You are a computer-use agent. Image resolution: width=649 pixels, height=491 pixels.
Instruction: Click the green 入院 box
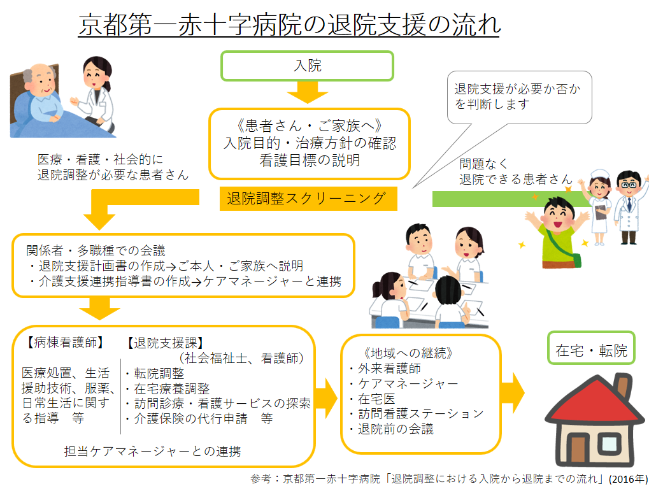click(307, 66)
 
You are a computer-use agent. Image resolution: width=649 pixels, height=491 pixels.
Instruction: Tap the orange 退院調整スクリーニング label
click(306, 199)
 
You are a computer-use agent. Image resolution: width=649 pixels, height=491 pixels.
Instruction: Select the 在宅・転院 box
click(591, 350)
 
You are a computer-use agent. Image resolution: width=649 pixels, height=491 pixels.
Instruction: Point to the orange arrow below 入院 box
click(307, 94)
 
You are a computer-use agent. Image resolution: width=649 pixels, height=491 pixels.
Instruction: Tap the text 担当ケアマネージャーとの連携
click(153, 452)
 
